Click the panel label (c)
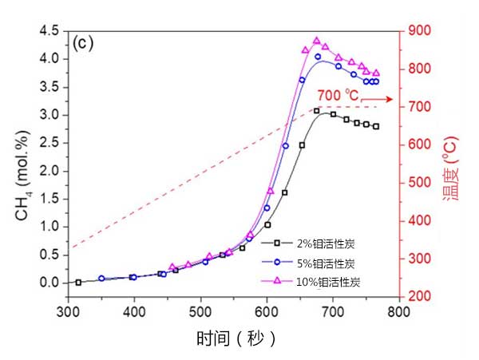pyautogui.click(x=84, y=44)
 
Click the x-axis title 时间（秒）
pyautogui.click(x=236, y=338)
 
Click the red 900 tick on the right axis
pyautogui.click(x=420, y=31)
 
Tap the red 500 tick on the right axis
pyautogui.click(x=420, y=183)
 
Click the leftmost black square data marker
pyautogui.click(x=78, y=282)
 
